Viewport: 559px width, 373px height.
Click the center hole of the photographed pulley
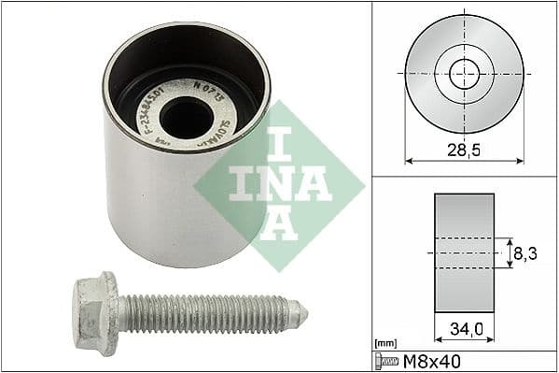186,116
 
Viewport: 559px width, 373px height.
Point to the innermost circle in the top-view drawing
464,73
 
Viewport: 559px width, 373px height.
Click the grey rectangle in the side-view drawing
463,252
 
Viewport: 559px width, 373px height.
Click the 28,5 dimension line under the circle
463,161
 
